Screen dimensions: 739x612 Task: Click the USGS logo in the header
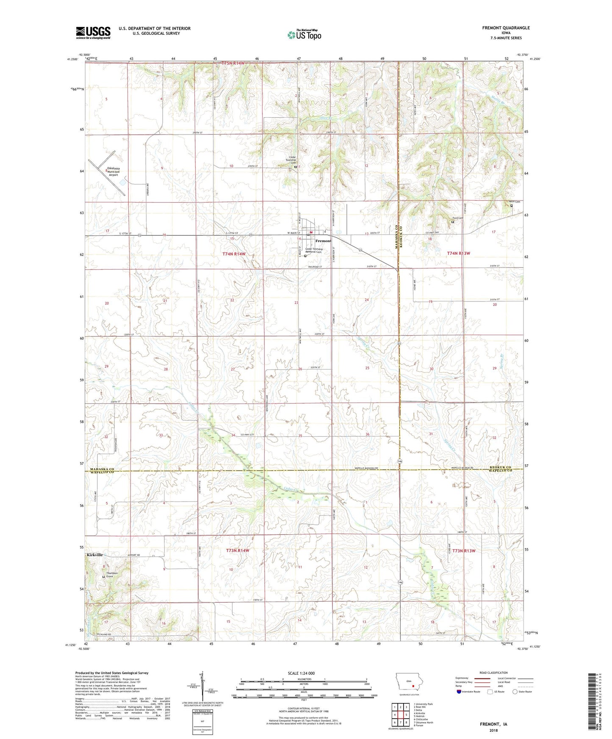pos(93,32)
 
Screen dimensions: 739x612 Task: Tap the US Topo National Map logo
pos(304,35)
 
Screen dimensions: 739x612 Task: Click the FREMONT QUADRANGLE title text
pos(506,28)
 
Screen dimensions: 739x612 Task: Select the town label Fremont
pos(323,241)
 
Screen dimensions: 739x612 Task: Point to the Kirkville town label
pos(94,554)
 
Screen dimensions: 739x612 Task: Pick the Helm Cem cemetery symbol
pos(511,206)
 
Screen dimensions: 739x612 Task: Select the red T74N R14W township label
pos(234,254)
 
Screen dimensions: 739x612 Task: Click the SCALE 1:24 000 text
pos(301,673)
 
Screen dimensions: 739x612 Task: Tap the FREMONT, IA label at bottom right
pos(493,724)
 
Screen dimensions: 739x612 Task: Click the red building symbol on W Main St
pos(311,232)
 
